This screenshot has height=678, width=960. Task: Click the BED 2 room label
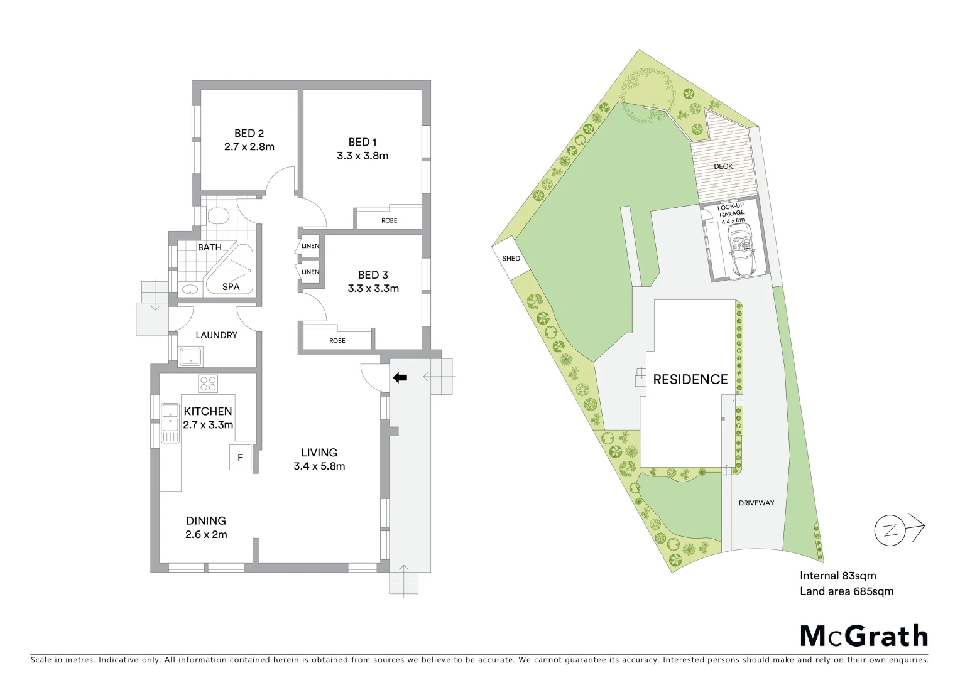249,133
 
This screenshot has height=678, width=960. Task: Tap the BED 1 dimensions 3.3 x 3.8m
362,156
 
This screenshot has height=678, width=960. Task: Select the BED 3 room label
373,275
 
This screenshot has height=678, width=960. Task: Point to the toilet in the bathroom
217,215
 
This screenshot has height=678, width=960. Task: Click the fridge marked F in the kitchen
240,458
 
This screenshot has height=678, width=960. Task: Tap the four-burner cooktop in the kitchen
208,383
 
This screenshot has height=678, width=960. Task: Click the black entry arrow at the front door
400,377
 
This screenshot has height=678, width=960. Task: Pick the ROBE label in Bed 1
389,220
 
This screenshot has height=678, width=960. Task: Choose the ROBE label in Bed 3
337,340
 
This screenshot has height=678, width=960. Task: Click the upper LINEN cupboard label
310,246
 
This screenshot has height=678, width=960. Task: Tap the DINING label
206,520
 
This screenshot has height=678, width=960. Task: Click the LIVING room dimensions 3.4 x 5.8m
319,466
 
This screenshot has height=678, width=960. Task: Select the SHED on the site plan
511,258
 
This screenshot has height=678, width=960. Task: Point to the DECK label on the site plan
723,166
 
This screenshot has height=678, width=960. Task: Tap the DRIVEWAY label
756,503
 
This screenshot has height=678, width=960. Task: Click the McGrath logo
864,636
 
